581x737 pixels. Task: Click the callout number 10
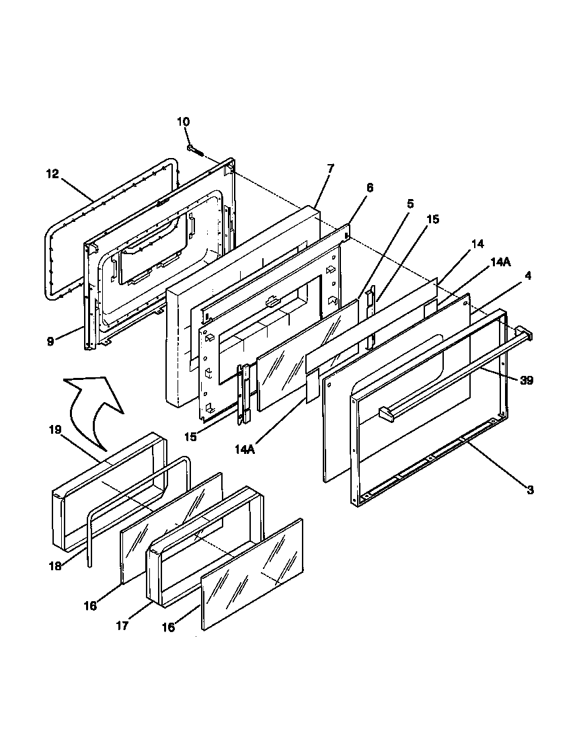click(x=184, y=122)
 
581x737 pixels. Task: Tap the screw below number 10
click(x=196, y=149)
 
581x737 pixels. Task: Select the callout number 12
click(x=53, y=174)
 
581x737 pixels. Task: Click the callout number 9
click(x=50, y=341)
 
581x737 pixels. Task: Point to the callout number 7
click(x=330, y=167)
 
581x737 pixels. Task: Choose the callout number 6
click(x=370, y=188)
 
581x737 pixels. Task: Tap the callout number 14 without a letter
click(x=477, y=244)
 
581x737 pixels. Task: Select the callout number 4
click(x=529, y=276)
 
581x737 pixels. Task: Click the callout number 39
click(x=527, y=380)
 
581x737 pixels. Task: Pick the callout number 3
click(x=530, y=491)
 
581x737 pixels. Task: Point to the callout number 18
click(x=56, y=566)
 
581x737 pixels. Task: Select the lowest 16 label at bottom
click(x=168, y=627)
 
